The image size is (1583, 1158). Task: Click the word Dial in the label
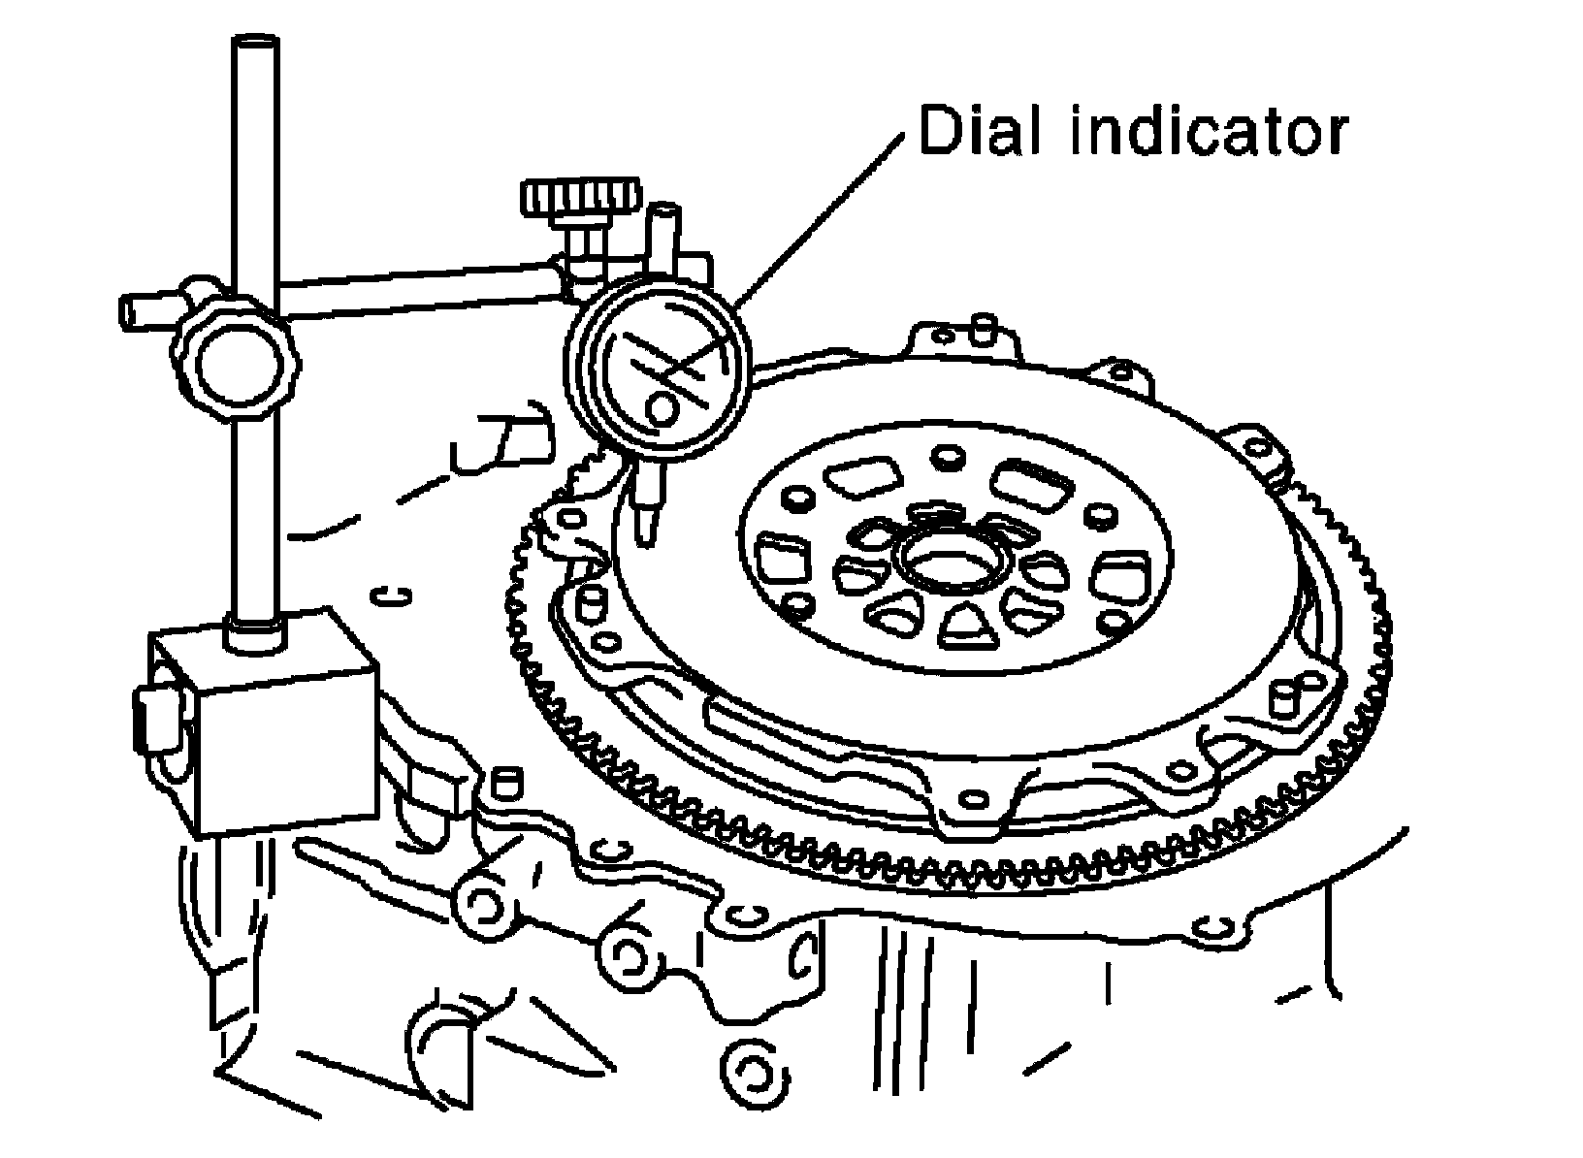pyautogui.click(x=980, y=131)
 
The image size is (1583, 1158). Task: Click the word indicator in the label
pyautogui.click(x=1211, y=131)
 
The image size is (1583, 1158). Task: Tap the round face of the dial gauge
pyautogui.click(x=658, y=370)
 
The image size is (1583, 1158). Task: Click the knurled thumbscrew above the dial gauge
pyautogui.click(x=580, y=197)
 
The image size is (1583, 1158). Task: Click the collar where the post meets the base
pyautogui.click(x=255, y=633)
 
